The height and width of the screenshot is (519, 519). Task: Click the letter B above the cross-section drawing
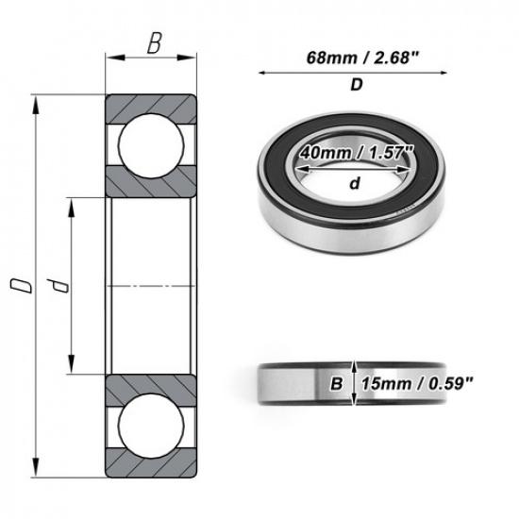click(x=152, y=42)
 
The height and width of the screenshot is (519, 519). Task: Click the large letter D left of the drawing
click(x=15, y=284)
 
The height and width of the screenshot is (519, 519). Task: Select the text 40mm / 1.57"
click(x=357, y=152)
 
